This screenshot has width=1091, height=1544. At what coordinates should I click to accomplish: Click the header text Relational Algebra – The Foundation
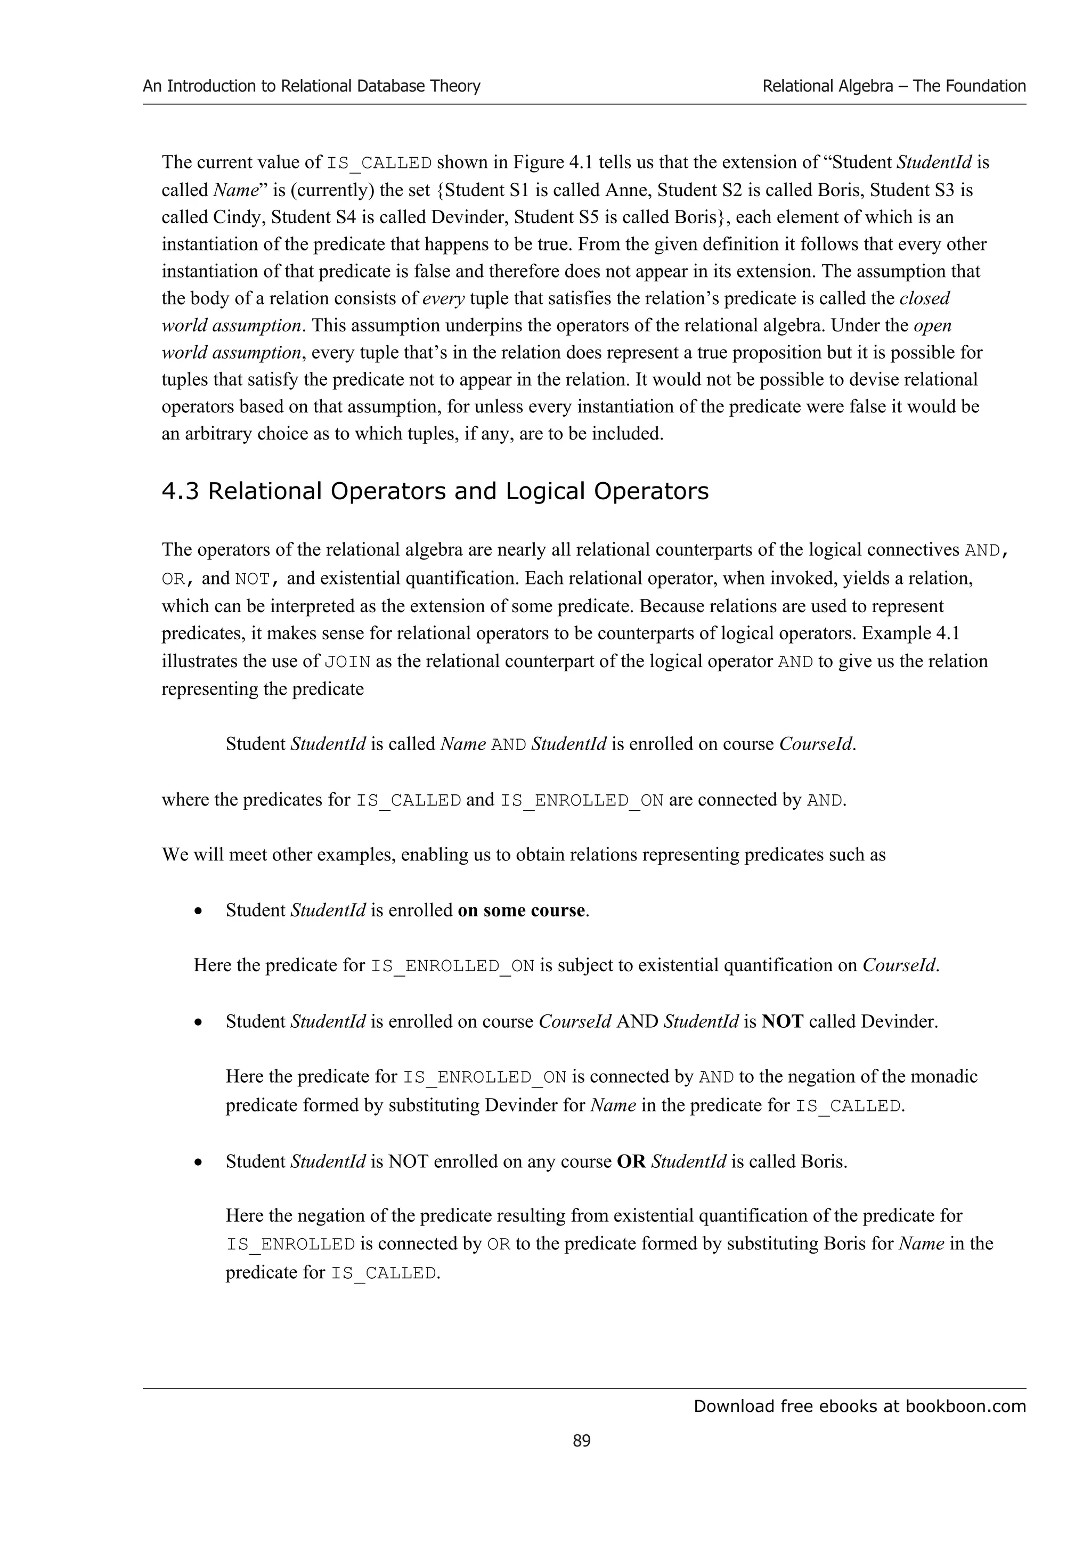[893, 86]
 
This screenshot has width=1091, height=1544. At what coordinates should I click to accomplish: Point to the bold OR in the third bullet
[631, 1161]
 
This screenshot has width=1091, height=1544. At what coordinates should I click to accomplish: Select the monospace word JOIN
[347, 662]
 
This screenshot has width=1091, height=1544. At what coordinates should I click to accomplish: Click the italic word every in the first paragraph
[443, 298]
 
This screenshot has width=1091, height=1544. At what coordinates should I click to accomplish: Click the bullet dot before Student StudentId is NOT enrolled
[198, 1163]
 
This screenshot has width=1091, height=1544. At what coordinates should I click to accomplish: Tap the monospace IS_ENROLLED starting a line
[290, 1245]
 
